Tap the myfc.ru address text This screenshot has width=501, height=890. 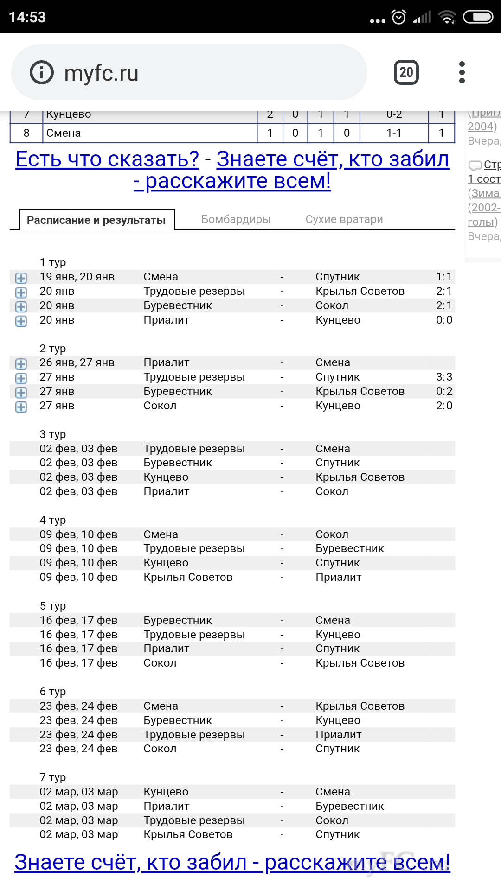coord(101,73)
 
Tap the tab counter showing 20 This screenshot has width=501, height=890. coord(406,72)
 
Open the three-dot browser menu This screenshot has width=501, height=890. coord(462,72)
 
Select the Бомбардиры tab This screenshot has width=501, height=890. coord(236,219)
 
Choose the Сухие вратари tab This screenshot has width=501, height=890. coord(344,219)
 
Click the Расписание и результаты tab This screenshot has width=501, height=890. coord(96,220)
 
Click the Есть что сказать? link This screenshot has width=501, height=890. coord(107,159)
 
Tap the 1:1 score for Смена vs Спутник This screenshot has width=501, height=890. coord(443,277)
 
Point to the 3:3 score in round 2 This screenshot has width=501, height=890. coord(443,377)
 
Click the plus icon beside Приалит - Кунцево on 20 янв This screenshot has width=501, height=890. coord(21,321)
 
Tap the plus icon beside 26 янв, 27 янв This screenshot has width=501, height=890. coord(21,364)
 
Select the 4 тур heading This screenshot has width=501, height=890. coord(53,520)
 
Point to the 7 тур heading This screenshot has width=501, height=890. coord(53,777)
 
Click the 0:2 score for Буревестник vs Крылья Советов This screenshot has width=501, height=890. coord(443,391)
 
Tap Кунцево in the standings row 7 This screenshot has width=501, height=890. coord(69,115)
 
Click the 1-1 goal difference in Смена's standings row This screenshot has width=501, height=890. coord(394,133)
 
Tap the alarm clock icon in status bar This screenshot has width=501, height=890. coord(398,17)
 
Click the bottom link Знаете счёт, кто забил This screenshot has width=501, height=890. coord(232,862)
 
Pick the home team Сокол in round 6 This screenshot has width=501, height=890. coord(160,749)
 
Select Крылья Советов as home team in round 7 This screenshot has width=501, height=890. coord(188,834)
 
